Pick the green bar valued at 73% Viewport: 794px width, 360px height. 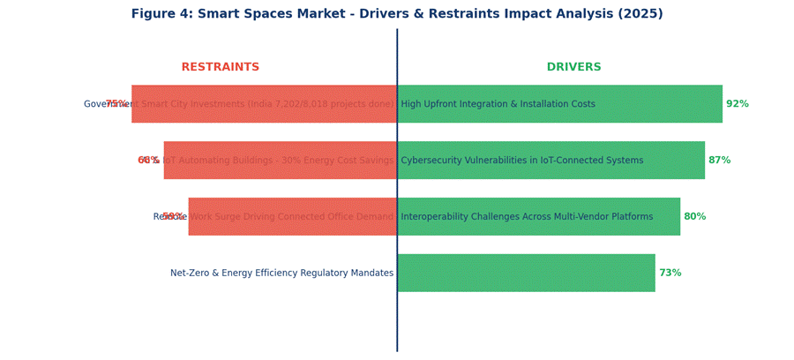[x=526, y=274]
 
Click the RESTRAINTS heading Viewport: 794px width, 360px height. [x=221, y=68]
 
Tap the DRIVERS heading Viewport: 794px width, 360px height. [x=573, y=68]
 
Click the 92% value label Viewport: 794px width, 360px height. [x=738, y=104]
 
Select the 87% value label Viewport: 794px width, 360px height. [x=720, y=161]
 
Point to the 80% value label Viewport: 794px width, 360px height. [x=695, y=217]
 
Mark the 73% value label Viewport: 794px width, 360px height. [x=670, y=274]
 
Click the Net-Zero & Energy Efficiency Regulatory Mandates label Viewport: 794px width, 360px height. [x=281, y=274]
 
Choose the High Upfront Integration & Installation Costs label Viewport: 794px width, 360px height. [x=498, y=104]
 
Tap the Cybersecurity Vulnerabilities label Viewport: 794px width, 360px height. [x=521, y=161]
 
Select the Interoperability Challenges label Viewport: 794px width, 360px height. [x=527, y=217]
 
